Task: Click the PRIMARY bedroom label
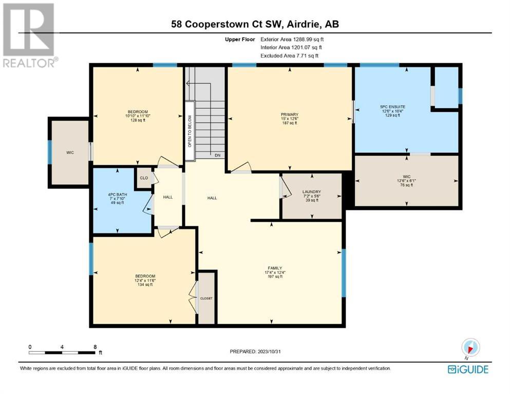tap(290, 114)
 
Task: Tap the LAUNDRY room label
tap(312, 192)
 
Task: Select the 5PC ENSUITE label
tap(392, 107)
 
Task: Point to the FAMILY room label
tap(275, 268)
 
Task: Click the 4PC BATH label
tap(118, 194)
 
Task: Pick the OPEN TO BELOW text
tap(190, 131)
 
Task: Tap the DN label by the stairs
tap(218, 155)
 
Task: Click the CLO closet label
tap(144, 178)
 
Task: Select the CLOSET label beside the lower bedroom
tap(206, 298)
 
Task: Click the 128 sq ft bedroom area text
tap(138, 120)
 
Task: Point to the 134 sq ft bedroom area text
tap(145, 285)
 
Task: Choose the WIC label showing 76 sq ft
tap(407, 176)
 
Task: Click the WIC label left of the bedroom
tap(70, 153)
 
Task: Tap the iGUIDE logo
tap(468, 369)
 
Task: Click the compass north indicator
tap(470, 348)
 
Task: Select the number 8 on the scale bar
tap(95, 347)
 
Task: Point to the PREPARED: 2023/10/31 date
tap(255, 351)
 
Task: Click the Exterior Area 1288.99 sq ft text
tap(292, 40)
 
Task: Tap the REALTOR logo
tap(30, 35)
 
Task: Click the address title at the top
tap(255, 24)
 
